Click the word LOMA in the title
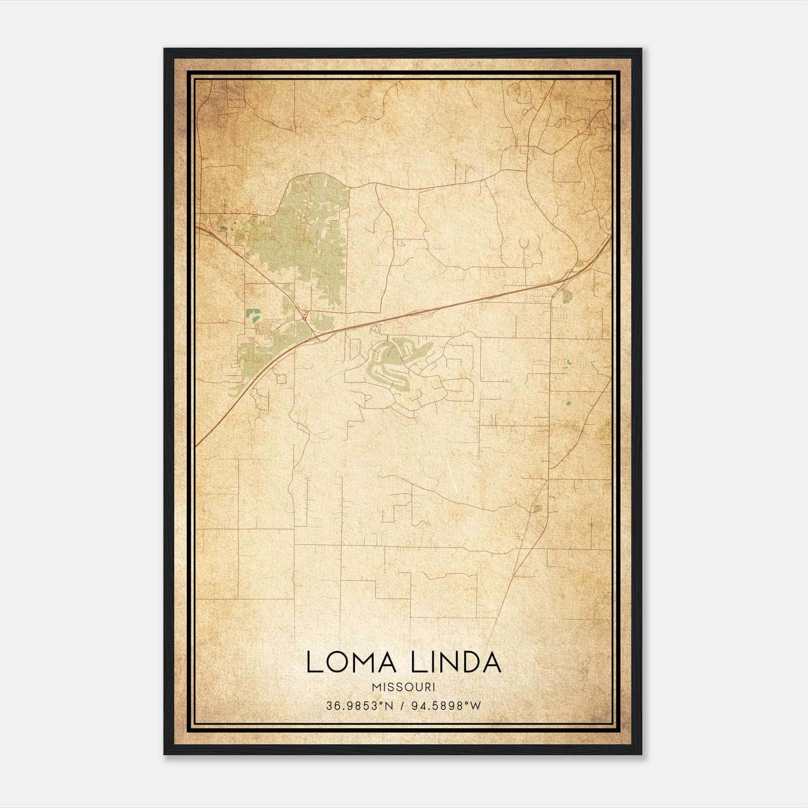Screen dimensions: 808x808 pos(353,663)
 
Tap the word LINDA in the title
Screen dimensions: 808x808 pos(456,663)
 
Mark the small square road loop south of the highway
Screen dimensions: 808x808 pos(281,378)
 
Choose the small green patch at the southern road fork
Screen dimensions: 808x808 pos(537,508)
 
